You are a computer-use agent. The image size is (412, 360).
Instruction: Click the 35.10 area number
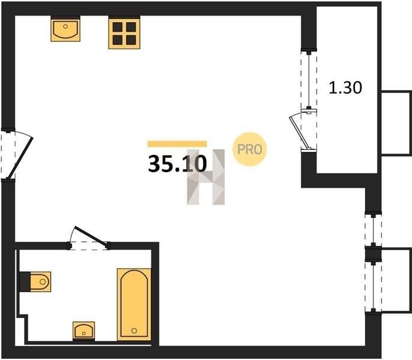(x=177, y=164)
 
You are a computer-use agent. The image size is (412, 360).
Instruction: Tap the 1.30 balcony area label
(x=345, y=88)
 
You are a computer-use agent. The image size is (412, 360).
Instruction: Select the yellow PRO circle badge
(x=250, y=149)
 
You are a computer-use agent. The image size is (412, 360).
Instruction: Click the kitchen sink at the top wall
(x=65, y=29)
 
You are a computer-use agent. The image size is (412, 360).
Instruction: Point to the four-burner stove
(x=124, y=32)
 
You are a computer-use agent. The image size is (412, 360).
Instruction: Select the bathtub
(x=134, y=305)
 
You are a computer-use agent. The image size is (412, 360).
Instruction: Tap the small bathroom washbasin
(x=84, y=331)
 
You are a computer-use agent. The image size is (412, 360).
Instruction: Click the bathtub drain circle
(x=135, y=331)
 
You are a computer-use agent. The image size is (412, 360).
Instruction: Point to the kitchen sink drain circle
(x=65, y=26)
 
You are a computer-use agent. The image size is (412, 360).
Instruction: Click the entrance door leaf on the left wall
(x=20, y=158)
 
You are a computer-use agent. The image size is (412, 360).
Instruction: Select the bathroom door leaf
(x=91, y=237)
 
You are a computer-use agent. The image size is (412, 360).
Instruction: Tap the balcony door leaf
(x=299, y=133)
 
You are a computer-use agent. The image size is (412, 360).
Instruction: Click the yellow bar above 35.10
(x=177, y=144)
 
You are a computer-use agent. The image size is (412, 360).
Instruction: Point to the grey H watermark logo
(x=206, y=177)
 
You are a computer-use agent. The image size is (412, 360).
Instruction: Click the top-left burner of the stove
(x=118, y=27)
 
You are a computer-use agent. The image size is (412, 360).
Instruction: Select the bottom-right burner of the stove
(x=131, y=40)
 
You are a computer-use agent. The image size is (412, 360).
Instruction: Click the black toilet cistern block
(x=25, y=282)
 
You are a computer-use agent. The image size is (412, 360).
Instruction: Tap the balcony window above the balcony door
(x=309, y=80)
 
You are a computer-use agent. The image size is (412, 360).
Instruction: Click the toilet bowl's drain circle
(x=43, y=282)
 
